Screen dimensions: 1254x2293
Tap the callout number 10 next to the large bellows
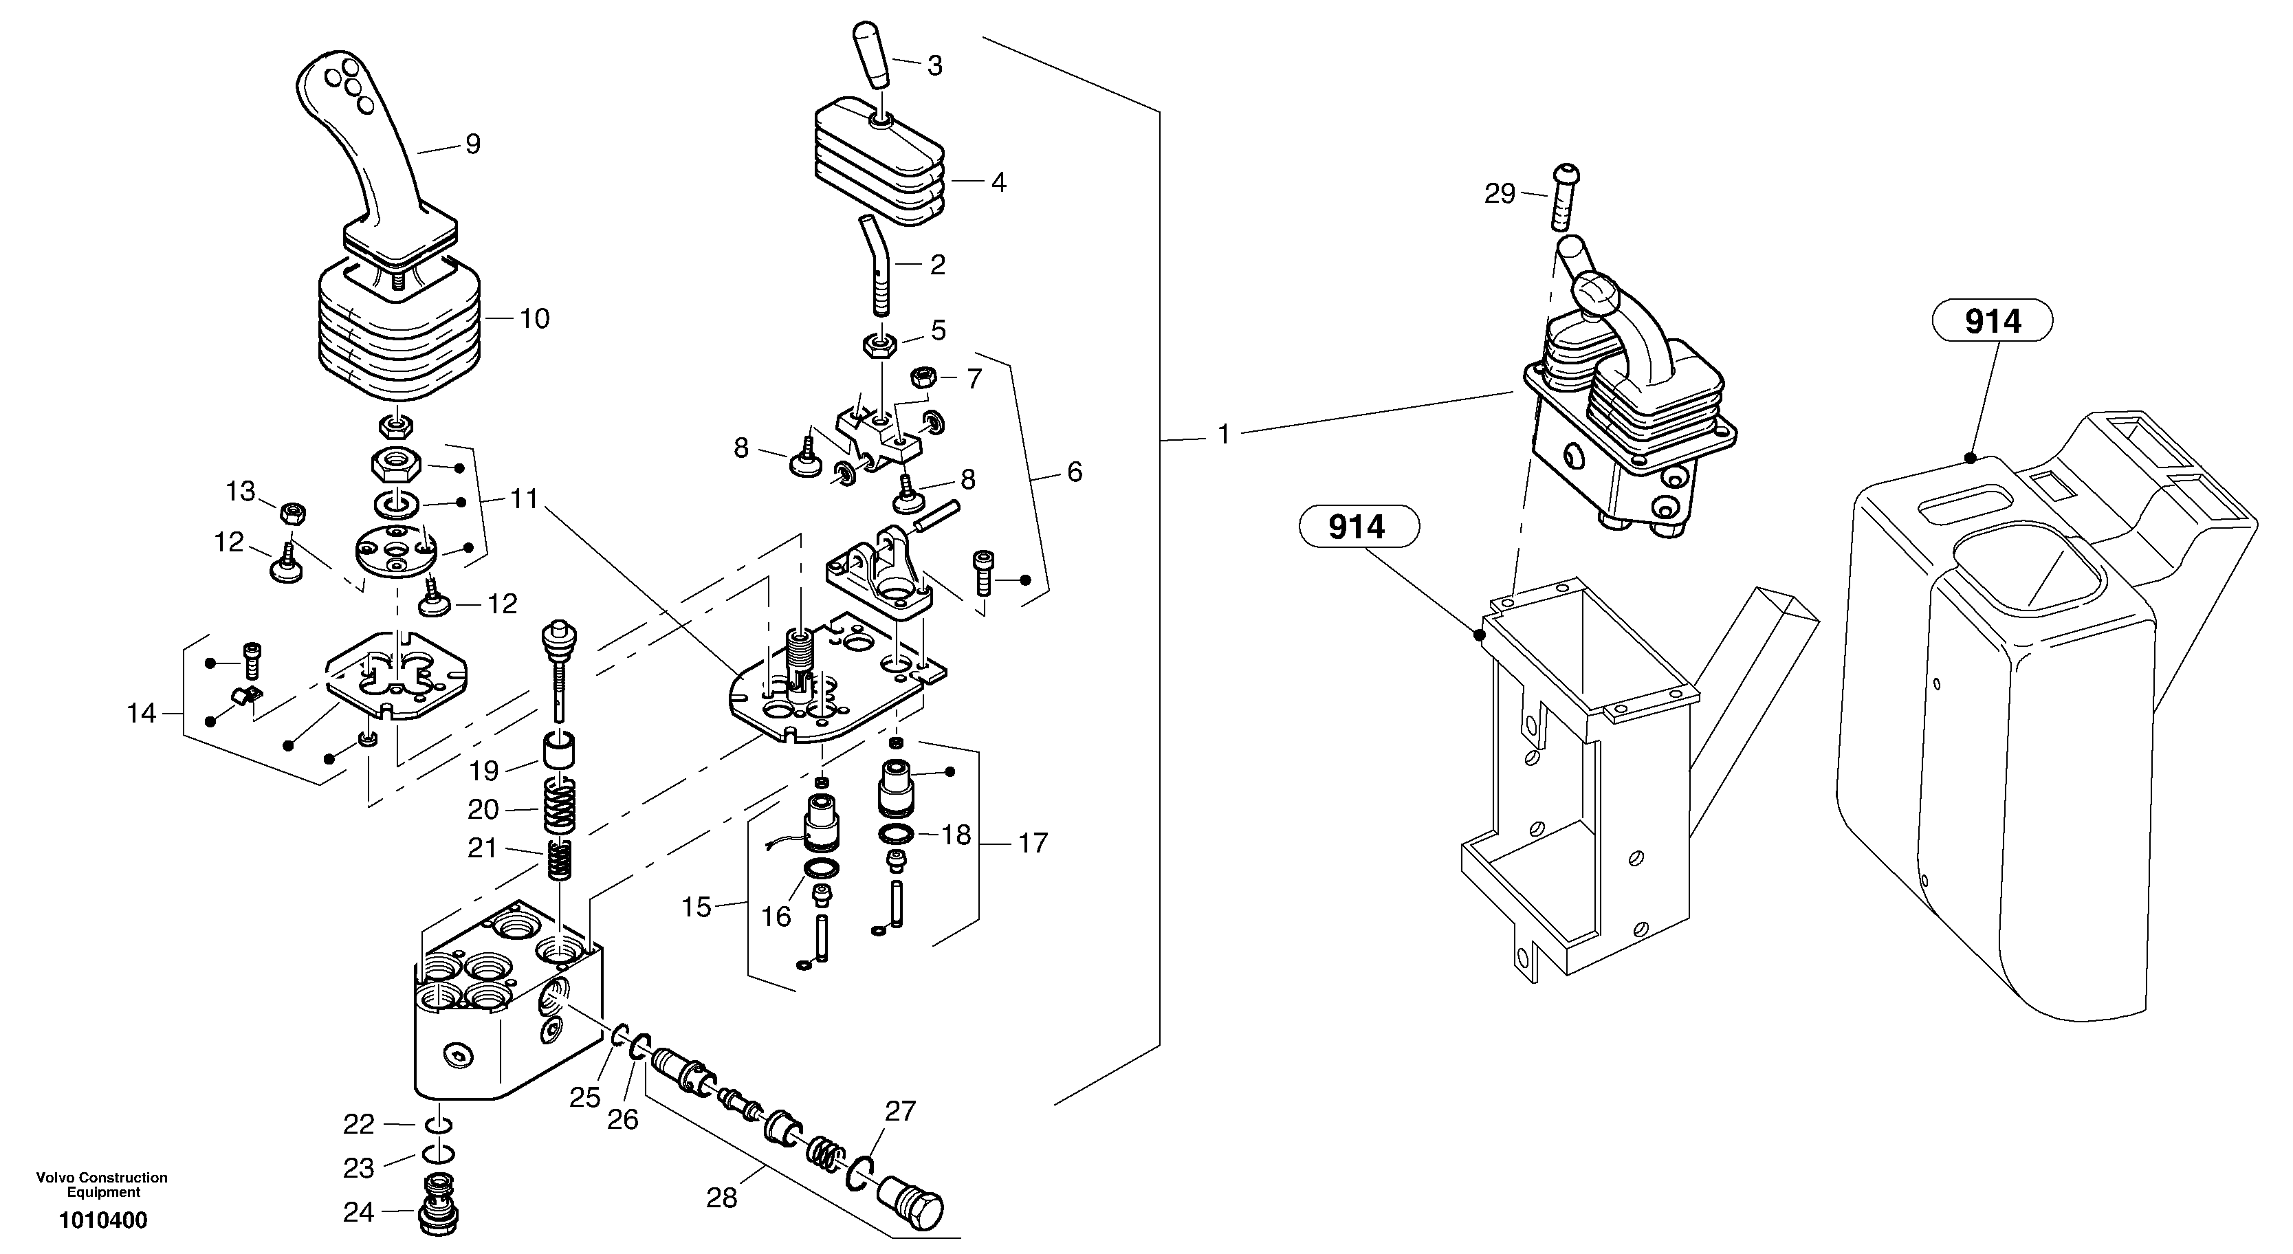click(x=534, y=318)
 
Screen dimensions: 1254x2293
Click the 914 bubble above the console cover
click(x=1992, y=320)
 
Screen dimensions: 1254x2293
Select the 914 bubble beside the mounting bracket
click(x=1357, y=527)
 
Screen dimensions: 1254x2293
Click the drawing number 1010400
click(x=103, y=1220)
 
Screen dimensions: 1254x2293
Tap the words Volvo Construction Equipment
click(x=102, y=1184)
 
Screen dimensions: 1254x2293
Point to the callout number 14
click(x=142, y=713)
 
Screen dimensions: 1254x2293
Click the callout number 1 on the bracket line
click(x=1224, y=434)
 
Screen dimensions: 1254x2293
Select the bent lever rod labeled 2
click(x=876, y=267)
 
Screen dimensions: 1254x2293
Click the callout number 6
click(x=1075, y=472)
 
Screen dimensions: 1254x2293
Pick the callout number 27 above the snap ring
click(x=900, y=1111)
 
